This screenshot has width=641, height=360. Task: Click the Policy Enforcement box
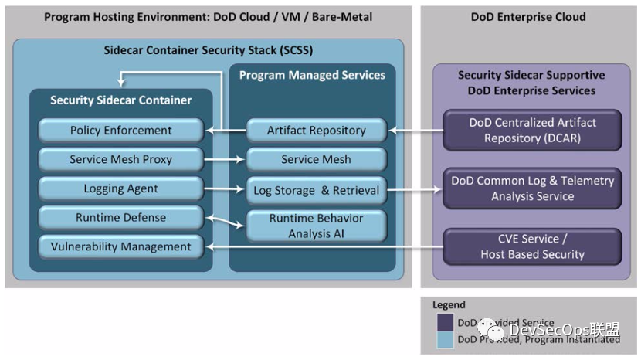coord(120,130)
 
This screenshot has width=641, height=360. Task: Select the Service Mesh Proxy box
coord(120,160)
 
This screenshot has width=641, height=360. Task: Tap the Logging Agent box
coord(120,189)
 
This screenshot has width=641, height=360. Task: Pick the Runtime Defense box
coord(120,218)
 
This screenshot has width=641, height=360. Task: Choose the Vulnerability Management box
coord(120,247)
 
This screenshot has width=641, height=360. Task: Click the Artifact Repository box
coord(316,131)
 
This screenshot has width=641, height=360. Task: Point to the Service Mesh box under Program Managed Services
coord(316,160)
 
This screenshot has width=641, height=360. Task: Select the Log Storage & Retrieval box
coord(316,190)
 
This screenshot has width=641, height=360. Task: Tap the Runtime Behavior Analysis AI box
coord(316,226)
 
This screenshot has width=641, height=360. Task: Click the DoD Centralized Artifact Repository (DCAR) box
coord(532,131)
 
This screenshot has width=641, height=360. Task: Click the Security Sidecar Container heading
coord(120,100)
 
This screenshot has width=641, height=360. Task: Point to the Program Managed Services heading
coord(312,75)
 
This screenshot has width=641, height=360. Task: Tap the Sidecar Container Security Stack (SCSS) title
coord(209,50)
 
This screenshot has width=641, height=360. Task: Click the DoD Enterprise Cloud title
coord(528,16)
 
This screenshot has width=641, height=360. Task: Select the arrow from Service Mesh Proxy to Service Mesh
coord(225,161)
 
